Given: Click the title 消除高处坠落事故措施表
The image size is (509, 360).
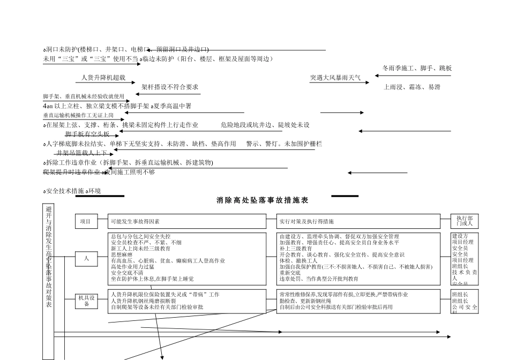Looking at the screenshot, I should [263, 200].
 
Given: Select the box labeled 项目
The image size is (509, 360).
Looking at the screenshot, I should [86, 221].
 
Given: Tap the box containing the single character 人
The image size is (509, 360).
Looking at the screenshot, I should [86, 259].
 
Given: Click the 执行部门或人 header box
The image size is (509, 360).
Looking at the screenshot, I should [465, 221].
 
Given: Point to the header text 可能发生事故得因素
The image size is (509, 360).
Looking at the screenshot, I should [135, 221].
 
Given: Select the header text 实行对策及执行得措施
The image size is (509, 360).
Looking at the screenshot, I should [307, 221].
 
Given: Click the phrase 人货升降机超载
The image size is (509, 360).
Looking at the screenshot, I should [103, 78].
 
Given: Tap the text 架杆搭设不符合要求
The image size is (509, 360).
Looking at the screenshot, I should [170, 87].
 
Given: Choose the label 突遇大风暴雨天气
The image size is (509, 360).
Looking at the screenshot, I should [335, 78].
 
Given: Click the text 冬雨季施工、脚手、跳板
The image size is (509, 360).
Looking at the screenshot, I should [417, 69].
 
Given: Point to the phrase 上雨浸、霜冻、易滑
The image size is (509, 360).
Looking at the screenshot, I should [412, 87].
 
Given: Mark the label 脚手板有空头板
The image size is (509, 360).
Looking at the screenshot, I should [87, 134].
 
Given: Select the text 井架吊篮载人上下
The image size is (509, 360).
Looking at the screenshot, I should [81, 153].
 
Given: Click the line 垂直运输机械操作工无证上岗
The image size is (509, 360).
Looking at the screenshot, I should [78, 115].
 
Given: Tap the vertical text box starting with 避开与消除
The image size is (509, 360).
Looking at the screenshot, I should [49, 257].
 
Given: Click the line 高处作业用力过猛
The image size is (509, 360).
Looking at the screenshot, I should [132, 267].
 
